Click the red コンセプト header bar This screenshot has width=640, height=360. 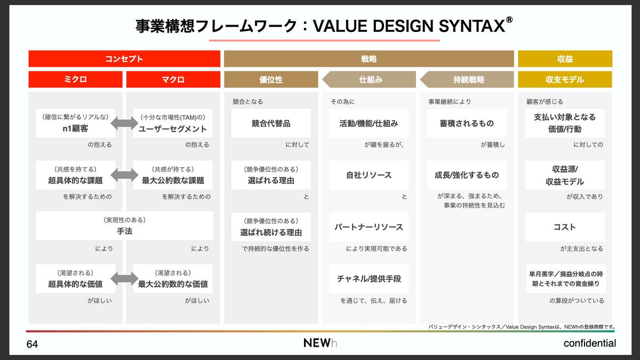click(x=124, y=59)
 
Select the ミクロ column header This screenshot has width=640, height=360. click(x=75, y=79)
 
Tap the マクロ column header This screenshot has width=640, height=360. click(x=173, y=79)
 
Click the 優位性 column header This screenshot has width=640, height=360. click(x=271, y=79)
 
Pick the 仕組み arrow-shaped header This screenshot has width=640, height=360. click(x=369, y=79)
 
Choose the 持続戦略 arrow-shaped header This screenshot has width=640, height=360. click(x=467, y=79)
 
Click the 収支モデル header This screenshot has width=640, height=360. click(x=565, y=79)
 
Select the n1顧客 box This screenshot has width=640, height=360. click(x=75, y=123)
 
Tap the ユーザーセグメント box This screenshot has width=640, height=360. click(x=173, y=123)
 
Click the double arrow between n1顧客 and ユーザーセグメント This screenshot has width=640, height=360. click(x=124, y=123)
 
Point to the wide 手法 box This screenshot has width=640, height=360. click(x=125, y=226)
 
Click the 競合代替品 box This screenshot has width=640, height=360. click(x=271, y=123)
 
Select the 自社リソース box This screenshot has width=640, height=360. click(x=369, y=175)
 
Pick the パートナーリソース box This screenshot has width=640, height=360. click(x=369, y=227)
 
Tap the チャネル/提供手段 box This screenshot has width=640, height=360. click(x=369, y=278)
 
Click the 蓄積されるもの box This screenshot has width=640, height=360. click(x=467, y=123)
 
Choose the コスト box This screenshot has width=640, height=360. click(x=565, y=227)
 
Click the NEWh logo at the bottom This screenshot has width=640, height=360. click(x=320, y=343)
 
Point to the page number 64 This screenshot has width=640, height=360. click(x=32, y=344)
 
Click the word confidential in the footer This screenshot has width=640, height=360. click(x=589, y=343)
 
